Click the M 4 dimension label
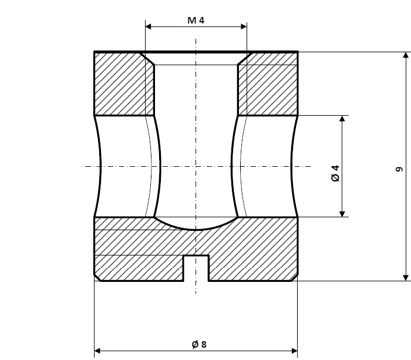pos(196,21)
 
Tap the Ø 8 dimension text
pos(199,344)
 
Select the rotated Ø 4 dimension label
pos(335,173)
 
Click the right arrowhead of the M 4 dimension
pos(242,26)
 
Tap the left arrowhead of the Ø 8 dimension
pos(99,351)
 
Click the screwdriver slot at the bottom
pos(196,267)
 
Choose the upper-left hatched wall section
pos(124,83)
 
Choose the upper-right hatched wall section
pos(268,83)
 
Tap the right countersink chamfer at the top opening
pos(243,58)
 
